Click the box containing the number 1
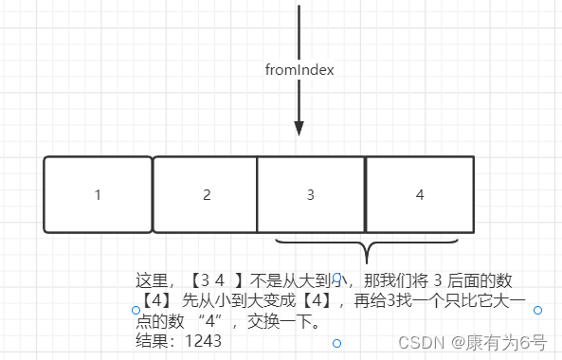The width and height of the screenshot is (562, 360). pos(98,195)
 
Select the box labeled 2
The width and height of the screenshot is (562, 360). pos(206,195)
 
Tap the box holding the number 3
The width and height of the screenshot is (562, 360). pos(311,195)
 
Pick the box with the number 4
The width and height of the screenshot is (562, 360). pos(420,195)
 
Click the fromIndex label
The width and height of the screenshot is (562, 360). pos(299,69)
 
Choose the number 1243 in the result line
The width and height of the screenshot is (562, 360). pos(204,340)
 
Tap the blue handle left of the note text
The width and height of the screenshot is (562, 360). pos(135,310)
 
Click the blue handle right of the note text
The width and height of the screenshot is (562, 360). pos(537,310)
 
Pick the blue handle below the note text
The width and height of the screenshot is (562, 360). pos(336,343)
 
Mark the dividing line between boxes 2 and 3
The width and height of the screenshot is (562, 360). pos(258,195)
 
